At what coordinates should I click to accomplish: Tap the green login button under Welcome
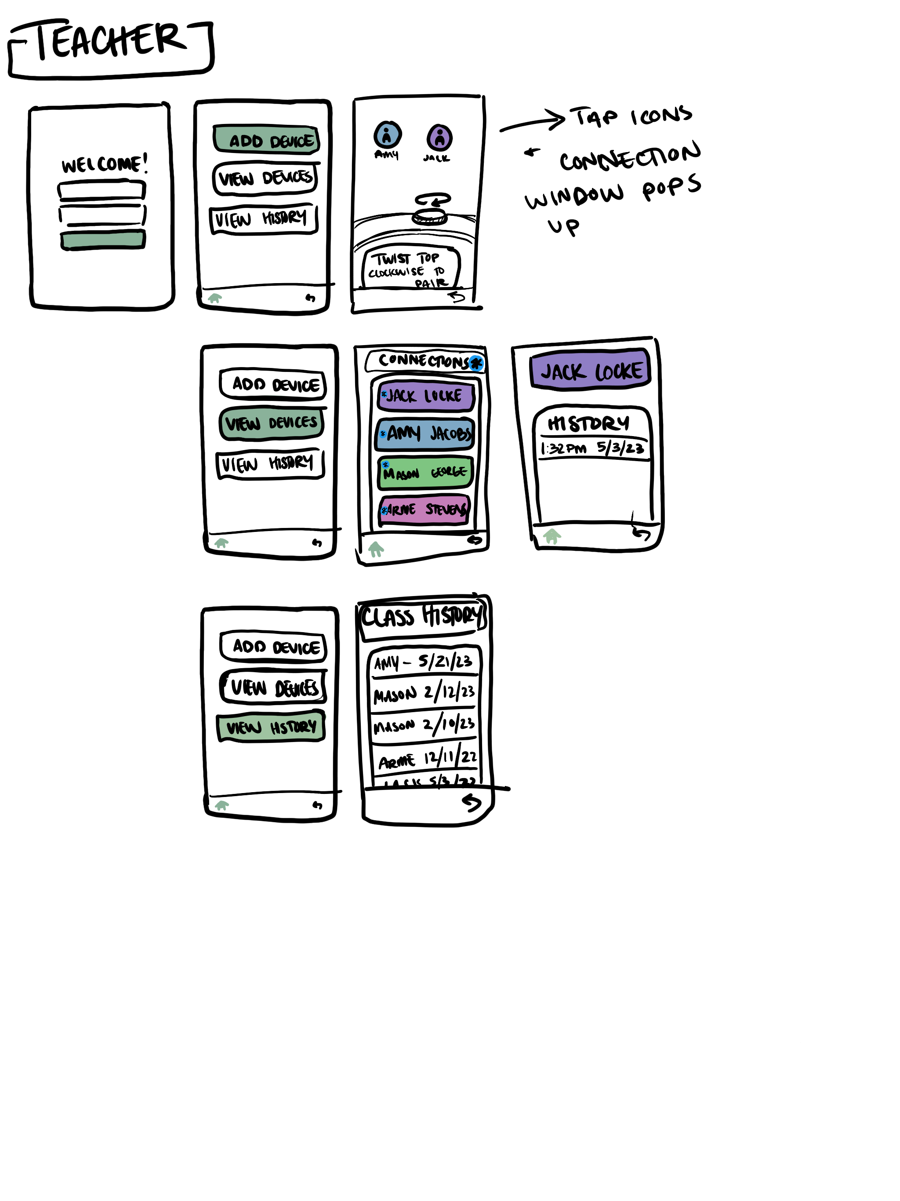[x=102, y=240]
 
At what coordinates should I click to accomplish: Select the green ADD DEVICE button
[x=266, y=139]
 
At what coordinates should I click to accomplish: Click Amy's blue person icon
[x=387, y=135]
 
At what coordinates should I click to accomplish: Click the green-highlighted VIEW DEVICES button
[x=272, y=423]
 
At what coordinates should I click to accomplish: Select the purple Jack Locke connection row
[x=425, y=396]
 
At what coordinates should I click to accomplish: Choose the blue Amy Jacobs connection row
[x=425, y=434]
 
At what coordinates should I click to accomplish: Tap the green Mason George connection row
[x=425, y=472]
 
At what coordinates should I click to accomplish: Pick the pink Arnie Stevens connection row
[x=424, y=510]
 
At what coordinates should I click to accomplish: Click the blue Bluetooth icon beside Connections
[x=476, y=363]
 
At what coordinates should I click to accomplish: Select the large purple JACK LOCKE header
[x=590, y=370]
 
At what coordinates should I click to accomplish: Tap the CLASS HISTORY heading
[x=422, y=617]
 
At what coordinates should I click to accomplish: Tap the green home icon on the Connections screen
[x=376, y=549]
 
